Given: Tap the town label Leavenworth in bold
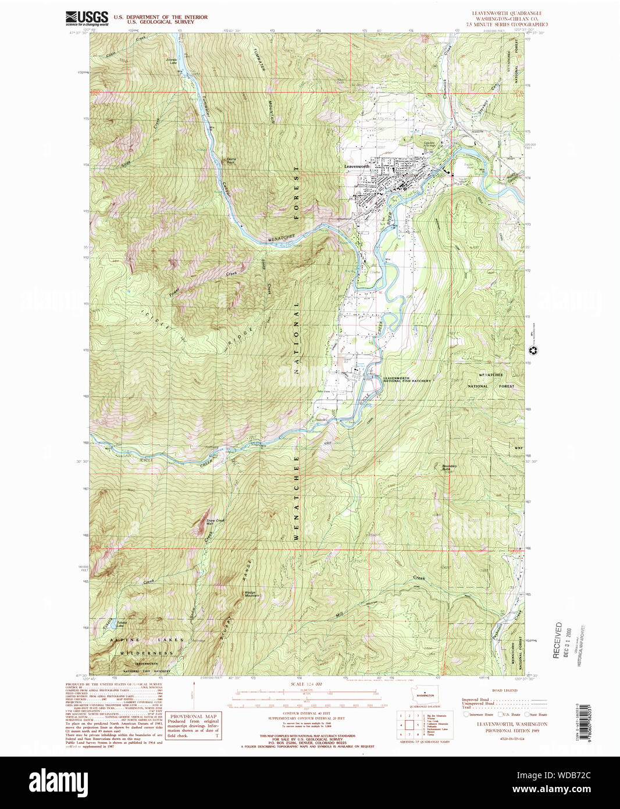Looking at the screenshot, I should point(357,166).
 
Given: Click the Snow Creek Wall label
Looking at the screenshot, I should point(215,522).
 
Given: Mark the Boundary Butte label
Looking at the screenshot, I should point(449,467).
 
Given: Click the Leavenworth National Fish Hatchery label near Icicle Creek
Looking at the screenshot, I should point(407,379).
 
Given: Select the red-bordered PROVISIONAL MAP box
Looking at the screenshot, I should point(194,725).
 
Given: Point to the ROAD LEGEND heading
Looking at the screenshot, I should point(504,690).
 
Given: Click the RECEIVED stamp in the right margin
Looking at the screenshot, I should point(558,640).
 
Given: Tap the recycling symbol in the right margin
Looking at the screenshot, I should point(532,350).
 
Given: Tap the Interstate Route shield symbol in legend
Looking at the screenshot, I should point(466,714).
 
